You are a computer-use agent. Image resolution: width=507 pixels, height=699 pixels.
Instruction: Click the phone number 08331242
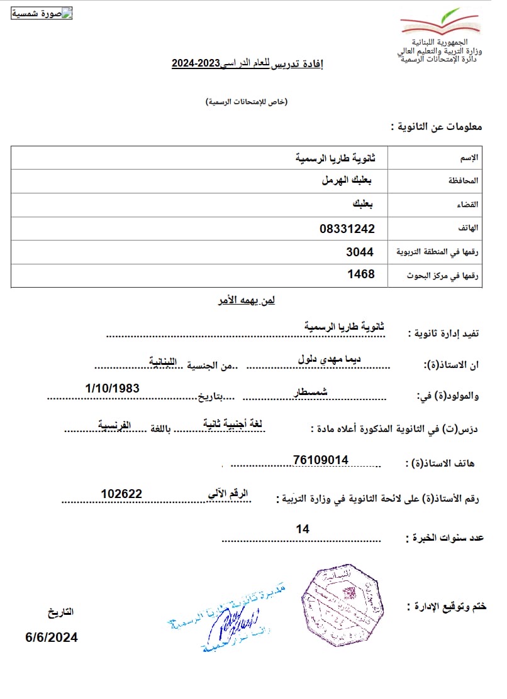click(347, 229)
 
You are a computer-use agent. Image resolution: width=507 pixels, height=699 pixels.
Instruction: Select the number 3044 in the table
click(360, 252)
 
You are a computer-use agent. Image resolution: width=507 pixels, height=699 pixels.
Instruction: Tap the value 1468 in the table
click(361, 274)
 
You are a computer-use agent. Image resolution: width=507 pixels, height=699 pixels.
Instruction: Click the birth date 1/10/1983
click(112, 389)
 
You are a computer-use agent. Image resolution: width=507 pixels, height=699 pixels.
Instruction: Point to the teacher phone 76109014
click(320, 460)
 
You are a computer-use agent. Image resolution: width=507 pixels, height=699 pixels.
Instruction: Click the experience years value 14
click(303, 529)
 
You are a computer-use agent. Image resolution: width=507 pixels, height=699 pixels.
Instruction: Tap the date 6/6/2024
click(52, 637)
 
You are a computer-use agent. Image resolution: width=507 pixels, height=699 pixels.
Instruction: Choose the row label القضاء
click(468, 205)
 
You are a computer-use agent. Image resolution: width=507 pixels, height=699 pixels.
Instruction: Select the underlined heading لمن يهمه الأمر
click(242, 300)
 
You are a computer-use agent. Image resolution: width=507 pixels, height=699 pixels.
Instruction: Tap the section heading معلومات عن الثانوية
click(436, 126)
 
